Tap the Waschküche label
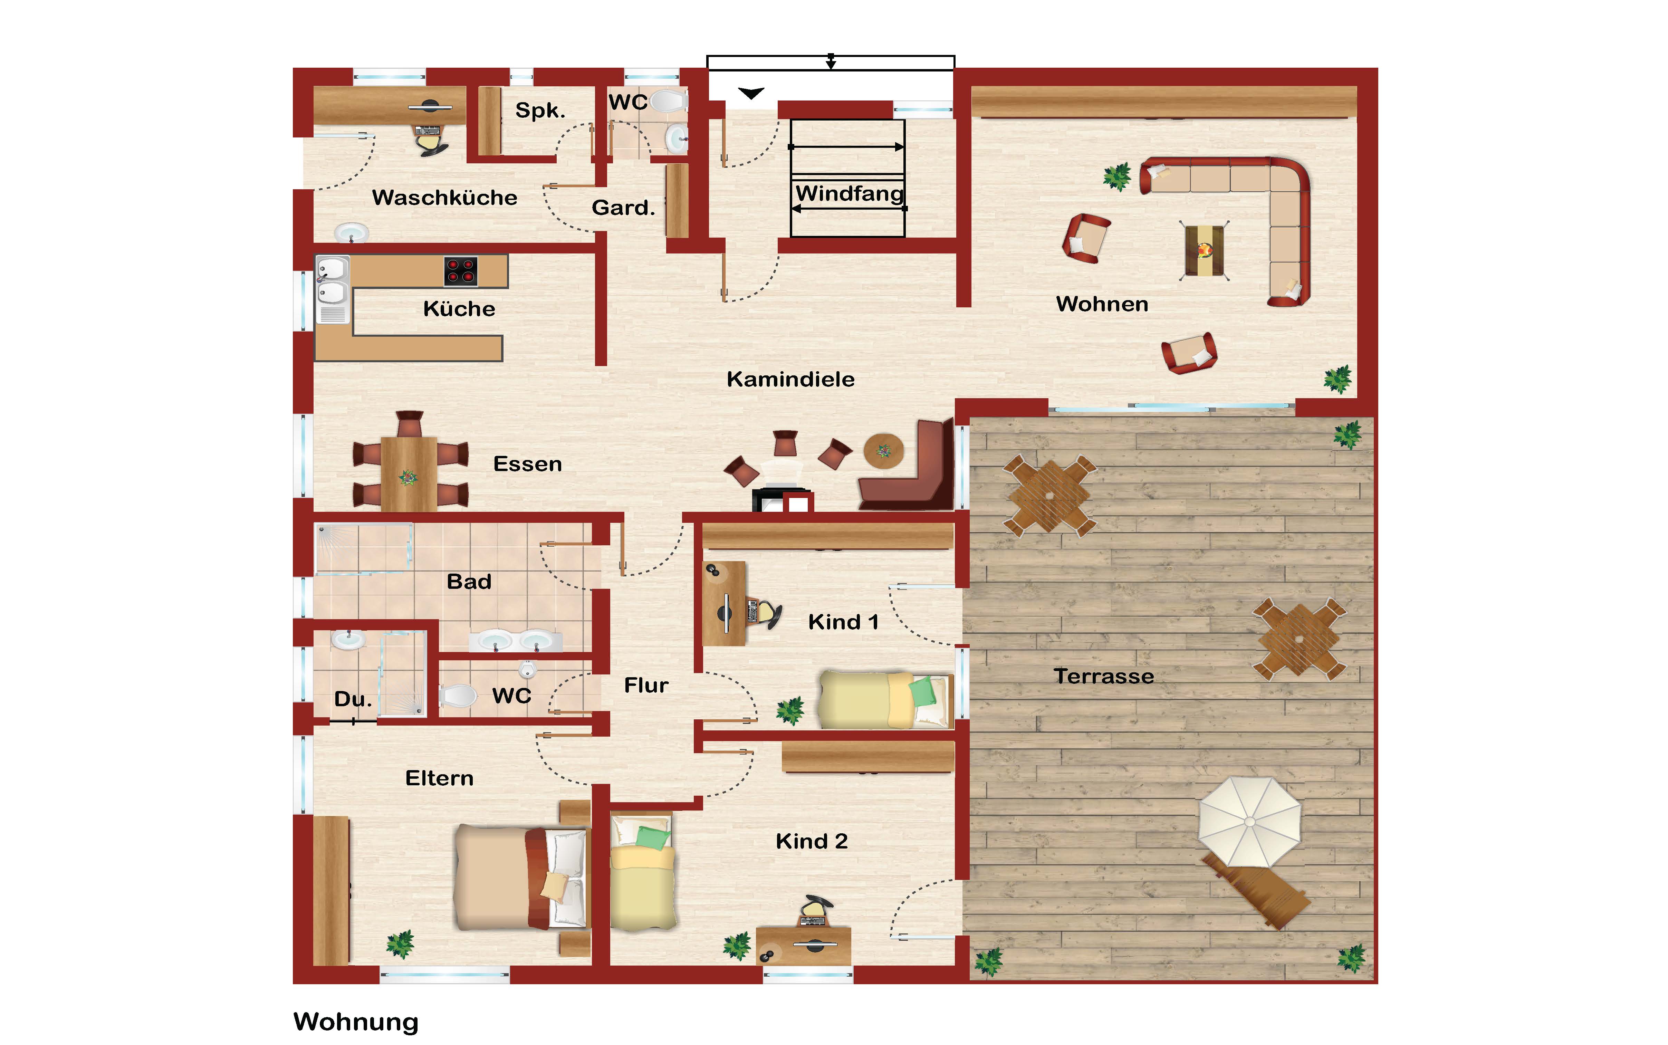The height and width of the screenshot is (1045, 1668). coord(444,198)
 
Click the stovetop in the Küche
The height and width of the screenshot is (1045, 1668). coord(461,271)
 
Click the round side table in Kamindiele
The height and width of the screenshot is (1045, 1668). coord(884,451)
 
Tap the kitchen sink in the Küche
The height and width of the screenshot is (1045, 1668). coord(332,289)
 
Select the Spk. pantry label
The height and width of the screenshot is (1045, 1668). coord(540,111)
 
